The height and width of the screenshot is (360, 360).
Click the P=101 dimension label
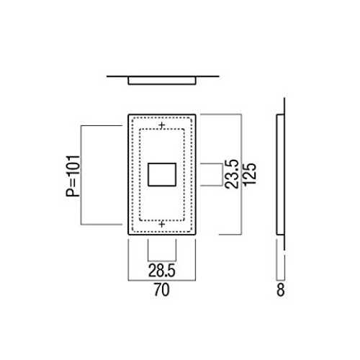click(x=73, y=176)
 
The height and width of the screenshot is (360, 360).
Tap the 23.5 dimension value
click(x=232, y=174)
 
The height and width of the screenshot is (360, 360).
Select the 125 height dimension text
click(x=250, y=174)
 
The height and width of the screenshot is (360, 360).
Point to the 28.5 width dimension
click(x=162, y=271)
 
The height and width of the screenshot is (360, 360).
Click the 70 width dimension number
click(x=162, y=290)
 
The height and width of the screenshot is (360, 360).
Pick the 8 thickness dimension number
click(x=281, y=290)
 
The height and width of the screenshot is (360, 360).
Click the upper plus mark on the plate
click(x=162, y=125)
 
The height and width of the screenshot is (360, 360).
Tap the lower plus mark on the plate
click(x=162, y=225)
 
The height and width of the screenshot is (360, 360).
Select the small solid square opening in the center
click(x=162, y=174)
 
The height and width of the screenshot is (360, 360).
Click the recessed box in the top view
click(x=162, y=81)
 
